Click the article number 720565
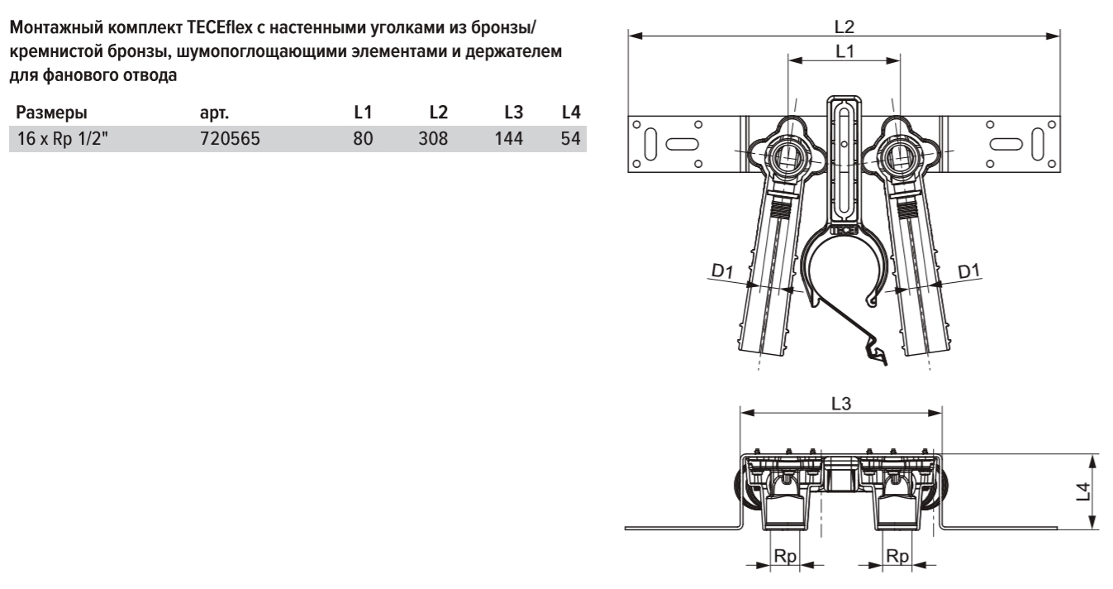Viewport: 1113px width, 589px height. (230, 140)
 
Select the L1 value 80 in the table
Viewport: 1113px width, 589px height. (364, 140)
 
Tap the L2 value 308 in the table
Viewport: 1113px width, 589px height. (433, 140)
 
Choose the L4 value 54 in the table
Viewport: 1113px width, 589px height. (570, 140)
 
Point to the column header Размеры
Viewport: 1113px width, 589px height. (52, 112)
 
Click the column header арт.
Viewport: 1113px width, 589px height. (213, 112)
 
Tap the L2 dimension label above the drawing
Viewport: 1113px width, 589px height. (844, 26)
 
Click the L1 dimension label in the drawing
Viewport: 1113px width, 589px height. (844, 51)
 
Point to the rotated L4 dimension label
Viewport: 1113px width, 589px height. (1079, 491)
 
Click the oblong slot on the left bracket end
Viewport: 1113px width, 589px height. (677, 141)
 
